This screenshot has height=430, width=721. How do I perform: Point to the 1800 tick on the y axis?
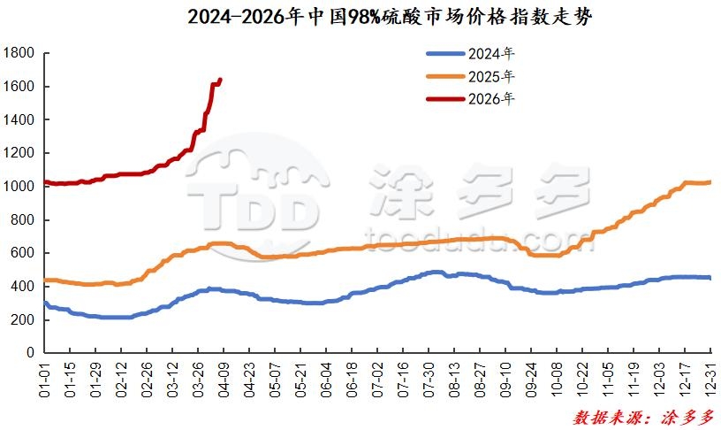coord(19,53)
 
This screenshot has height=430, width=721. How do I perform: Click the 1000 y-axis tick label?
coord(19,187)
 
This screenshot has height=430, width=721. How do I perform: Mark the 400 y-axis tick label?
coord(22,287)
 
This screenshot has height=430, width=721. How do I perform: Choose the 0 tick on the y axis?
coord(30,353)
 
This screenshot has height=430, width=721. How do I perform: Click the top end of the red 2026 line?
coord(220,79)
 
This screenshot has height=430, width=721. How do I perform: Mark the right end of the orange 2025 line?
coord(710,182)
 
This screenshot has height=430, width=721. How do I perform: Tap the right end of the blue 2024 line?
coord(710,278)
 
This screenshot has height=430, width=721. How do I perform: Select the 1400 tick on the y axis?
coord(19,119)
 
